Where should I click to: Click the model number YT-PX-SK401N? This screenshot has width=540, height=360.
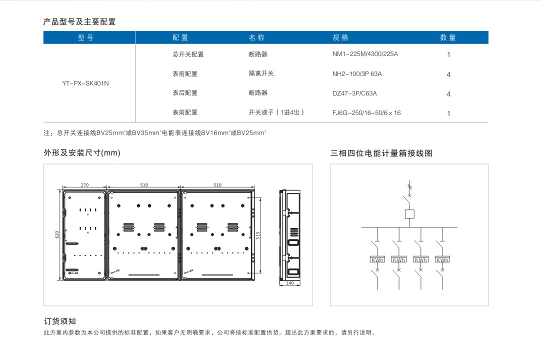click(85, 83)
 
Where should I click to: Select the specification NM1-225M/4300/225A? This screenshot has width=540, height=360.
click(365, 54)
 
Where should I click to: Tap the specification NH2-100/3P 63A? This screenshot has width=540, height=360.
click(357, 73)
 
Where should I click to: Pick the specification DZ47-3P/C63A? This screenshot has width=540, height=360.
click(354, 93)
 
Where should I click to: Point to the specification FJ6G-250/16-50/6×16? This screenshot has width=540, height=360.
click(366, 113)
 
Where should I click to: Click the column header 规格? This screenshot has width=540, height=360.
click(340, 37)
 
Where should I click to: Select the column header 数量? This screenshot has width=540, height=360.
click(447, 37)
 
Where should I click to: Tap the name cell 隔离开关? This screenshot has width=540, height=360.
click(261, 73)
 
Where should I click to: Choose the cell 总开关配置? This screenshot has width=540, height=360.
click(188, 54)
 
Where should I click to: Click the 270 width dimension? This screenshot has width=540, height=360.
click(84, 185)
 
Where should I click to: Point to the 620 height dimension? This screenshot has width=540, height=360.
click(57, 234)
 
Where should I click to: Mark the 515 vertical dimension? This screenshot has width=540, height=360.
click(258, 235)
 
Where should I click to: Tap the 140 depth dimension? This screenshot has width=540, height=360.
click(290, 283)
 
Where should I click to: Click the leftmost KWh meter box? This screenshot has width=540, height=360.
click(377, 259)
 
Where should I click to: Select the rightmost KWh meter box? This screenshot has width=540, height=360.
click(442, 259)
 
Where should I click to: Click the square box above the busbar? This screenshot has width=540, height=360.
click(409, 214)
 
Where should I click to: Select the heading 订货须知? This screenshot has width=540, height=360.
click(59, 321)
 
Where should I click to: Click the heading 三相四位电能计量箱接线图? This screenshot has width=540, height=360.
click(381, 153)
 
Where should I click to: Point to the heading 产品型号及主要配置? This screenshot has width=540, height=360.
click(79, 22)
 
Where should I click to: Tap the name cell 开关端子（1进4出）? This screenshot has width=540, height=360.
click(276, 112)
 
